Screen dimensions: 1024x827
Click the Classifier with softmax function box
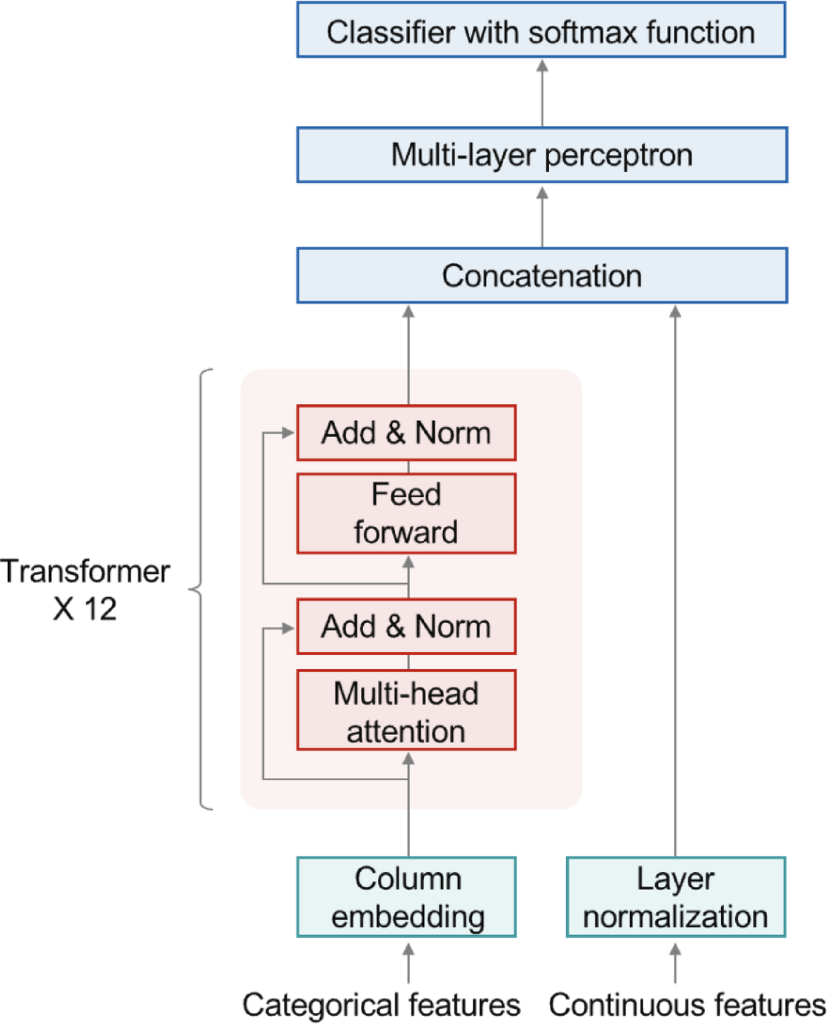(x=541, y=30)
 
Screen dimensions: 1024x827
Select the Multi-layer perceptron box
(x=542, y=155)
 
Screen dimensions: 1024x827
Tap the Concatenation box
(x=542, y=276)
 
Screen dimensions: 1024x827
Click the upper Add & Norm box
(x=406, y=433)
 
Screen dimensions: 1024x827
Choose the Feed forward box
(x=406, y=513)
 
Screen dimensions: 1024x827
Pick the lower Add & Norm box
(x=406, y=627)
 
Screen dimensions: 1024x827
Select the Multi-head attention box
(x=406, y=711)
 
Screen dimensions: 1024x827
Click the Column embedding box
(x=407, y=897)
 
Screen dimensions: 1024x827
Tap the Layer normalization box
(x=675, y=897)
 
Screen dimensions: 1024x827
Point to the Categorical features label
(x=381, y=1005)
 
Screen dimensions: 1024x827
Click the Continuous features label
(x=686, y=1005)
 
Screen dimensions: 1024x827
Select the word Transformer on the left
(x=85, y=571)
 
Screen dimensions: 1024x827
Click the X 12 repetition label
(x=84, y=609)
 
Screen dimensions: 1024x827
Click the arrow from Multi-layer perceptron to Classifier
(x=542, y=93)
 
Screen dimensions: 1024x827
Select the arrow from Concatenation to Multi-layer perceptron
(x=542, y=216)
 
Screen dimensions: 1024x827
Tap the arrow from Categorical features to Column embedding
(x=408, y=963)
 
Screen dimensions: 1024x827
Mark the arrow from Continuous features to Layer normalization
(x=675, y=963)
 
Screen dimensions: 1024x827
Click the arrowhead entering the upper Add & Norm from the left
(x=288, y=433)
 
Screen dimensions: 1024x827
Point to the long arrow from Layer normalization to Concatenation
(x=675, y=578)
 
